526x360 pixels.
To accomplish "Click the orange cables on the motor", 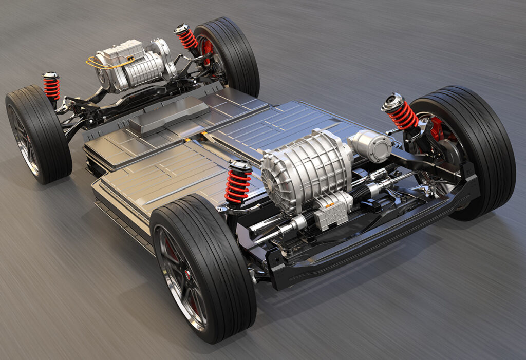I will [105, 63].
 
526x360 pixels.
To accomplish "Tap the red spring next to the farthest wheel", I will [187, 38].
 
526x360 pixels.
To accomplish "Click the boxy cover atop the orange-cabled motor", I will [121, 51].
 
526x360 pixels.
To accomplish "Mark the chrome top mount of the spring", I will [393, 101].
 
